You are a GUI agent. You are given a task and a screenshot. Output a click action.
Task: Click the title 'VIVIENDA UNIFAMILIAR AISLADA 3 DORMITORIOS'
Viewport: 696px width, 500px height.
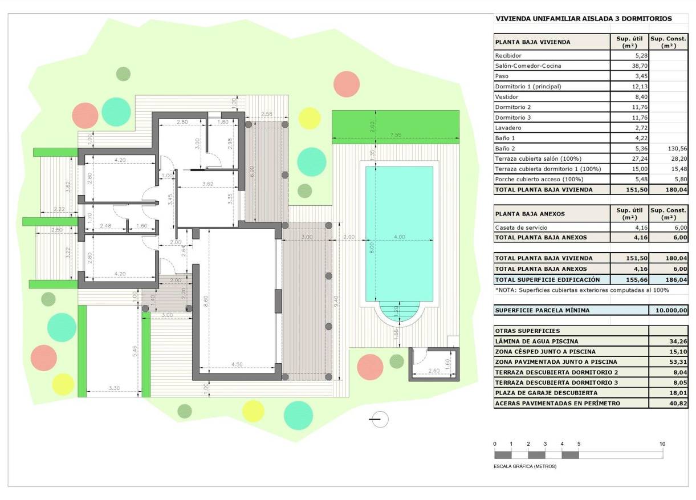pos(584,18)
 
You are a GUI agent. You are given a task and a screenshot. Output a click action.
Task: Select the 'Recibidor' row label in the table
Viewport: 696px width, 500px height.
pos(508,55)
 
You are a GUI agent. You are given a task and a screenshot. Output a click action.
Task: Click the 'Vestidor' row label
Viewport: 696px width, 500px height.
pos(507,97)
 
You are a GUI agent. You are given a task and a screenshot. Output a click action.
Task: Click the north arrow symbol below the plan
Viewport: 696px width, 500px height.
pos(378,419)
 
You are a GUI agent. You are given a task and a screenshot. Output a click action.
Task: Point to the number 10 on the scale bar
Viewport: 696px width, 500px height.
pos(662,444)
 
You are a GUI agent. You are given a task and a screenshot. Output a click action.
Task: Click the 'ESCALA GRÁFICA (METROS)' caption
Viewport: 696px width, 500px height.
pos(525,466)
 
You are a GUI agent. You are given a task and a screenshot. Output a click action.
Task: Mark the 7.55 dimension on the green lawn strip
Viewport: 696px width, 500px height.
pos(396,135)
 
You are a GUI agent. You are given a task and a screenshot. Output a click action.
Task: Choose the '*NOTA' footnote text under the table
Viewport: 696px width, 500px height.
pos(581,290)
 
